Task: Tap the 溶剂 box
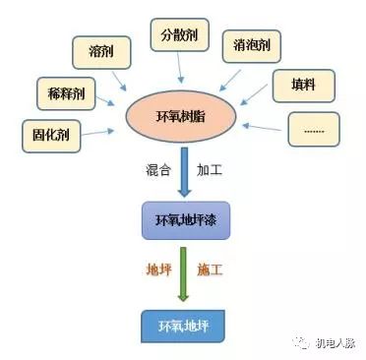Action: point(99,50)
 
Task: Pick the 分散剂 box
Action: point(179,34)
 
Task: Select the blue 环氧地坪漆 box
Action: point(185,219)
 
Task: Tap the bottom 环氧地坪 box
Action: point(184,324)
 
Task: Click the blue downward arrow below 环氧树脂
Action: point(184,174)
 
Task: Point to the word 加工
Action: point(210,169)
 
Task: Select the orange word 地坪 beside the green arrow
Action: point(157,269)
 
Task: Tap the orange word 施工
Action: point(210,269)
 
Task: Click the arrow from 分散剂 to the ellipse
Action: point(179,67)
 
